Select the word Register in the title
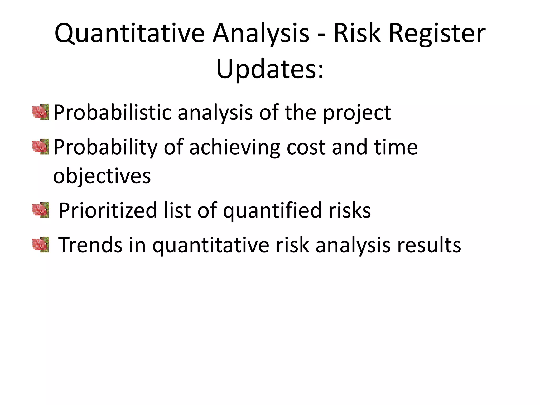tap(437, 34)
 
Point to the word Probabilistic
tap(112, 113)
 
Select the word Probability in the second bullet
tap(105, 148)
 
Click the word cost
tap(306, 148)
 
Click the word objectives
tap(102, 176)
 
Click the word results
tap(429, 245)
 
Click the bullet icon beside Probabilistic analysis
tap(41, 112)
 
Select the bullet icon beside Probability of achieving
tap(41, 147)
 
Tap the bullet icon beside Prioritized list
tap(41, 210)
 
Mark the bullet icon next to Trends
tap(41, 244)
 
